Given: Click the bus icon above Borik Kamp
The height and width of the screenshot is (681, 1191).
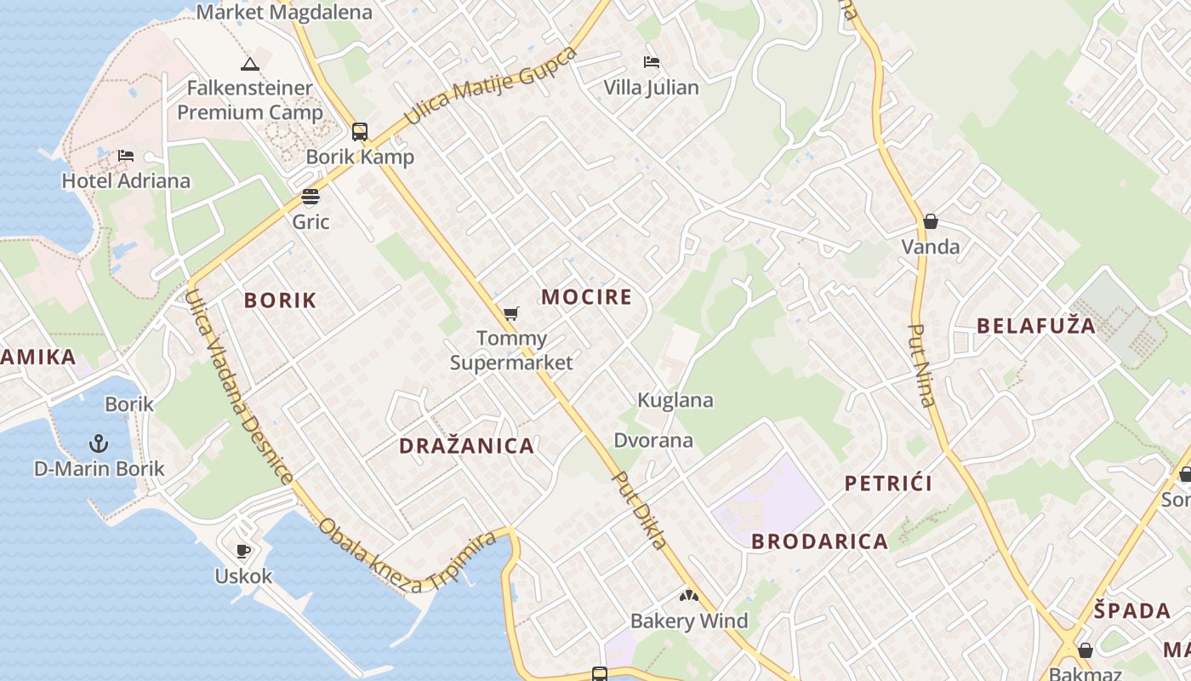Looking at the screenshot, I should [x=360, y=132].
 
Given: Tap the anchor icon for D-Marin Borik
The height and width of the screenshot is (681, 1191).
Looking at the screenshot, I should [x=99, y=444].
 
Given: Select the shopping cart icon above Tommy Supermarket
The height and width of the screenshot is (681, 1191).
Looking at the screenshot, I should [x=510, y=314].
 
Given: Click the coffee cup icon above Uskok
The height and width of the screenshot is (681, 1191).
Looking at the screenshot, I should [x=243, y=551].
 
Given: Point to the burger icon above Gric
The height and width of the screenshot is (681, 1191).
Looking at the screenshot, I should [x=311, y=197].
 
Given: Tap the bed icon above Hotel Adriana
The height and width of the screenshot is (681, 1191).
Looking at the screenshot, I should [x=126, y=156].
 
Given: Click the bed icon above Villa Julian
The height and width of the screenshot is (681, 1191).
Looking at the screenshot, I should [x=651, y=62].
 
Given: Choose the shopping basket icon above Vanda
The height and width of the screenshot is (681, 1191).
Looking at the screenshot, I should [x=931, y=221].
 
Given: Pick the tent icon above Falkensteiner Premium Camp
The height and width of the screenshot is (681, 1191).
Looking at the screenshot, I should [x=249, y=64].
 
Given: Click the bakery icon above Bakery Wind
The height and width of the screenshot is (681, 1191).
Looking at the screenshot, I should [x=688, y=596].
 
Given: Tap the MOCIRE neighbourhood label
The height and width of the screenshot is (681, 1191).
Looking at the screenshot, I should [x=587, y=297].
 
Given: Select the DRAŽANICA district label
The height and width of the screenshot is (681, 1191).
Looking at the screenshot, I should [x=467, y=446].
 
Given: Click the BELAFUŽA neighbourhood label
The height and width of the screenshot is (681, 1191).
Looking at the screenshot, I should [x=1036, y=326].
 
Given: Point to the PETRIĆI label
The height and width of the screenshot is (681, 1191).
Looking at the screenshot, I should [x=888, y=484].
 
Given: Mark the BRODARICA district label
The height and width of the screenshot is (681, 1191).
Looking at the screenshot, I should [x=820, y=541].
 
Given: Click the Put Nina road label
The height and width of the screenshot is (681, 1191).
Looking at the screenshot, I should [x=921, y=365].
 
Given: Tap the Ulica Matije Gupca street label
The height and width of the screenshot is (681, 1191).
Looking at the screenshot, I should [x=491, y=86].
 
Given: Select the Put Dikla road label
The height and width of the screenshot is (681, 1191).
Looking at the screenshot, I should [x=640, y=510].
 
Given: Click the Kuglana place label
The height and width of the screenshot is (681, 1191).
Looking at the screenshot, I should [x=675, y=400].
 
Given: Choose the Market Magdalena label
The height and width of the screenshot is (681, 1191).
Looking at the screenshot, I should [x=284, y=12].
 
